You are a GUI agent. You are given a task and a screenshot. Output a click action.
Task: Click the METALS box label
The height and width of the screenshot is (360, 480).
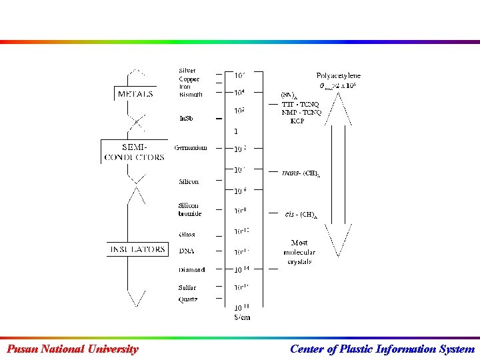135,94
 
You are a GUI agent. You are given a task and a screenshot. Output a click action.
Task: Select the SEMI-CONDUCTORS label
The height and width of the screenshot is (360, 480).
135,152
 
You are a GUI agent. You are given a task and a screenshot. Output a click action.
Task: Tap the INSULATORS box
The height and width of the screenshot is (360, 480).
137,249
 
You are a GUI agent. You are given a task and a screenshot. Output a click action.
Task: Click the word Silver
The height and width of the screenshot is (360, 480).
187,71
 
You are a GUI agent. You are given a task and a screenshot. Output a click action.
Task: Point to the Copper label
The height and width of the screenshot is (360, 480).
189,79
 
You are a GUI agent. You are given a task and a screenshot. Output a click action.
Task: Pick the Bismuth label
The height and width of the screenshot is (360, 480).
191,95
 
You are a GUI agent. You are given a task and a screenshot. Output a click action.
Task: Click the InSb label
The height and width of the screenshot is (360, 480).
186,119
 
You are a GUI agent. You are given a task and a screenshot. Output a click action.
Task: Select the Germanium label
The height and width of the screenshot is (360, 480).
191,147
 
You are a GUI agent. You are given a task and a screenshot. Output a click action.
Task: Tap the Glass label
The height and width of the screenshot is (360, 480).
187,235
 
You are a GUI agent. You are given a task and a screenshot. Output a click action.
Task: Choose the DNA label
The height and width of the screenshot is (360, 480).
186,251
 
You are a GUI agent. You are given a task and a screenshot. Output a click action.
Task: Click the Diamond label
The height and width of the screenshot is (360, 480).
192,270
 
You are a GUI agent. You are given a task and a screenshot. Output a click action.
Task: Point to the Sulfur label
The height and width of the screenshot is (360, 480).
187,287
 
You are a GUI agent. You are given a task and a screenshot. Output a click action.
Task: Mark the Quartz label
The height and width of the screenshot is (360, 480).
188,299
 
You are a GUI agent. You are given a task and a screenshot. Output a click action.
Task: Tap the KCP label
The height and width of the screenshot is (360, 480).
297,121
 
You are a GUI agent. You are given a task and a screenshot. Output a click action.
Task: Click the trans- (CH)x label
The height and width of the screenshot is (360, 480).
301,173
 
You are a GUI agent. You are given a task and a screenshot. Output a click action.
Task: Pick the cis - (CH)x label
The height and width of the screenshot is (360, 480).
301,214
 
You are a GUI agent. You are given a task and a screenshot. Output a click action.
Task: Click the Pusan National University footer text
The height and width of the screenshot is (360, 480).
72,349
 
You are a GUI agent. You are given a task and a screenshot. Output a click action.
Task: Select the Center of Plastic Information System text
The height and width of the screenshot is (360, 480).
382,349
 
